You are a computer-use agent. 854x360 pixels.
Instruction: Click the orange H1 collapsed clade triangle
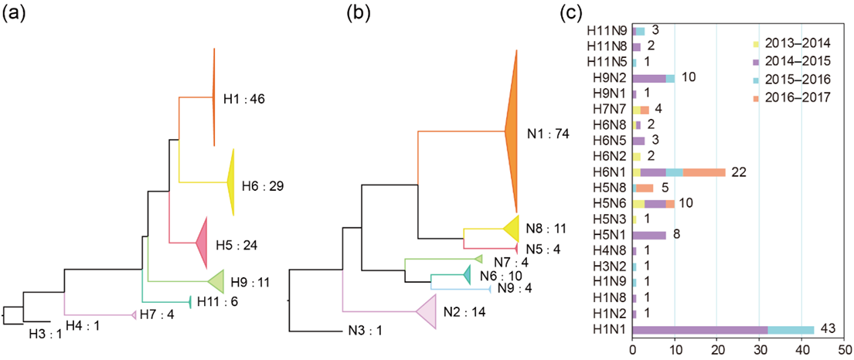pyautogui.click(x=213, y=97)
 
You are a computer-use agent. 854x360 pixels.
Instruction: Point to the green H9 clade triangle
pyautogui.click(x=217, y=280)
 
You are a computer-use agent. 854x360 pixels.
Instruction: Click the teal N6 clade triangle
pyautogui.click(x=467, y=274)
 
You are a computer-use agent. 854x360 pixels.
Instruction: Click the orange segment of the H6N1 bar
pyautogui.click(x=704, y=172)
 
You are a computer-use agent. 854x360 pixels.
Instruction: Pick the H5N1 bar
pyautogui.click(x=649, y=235)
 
